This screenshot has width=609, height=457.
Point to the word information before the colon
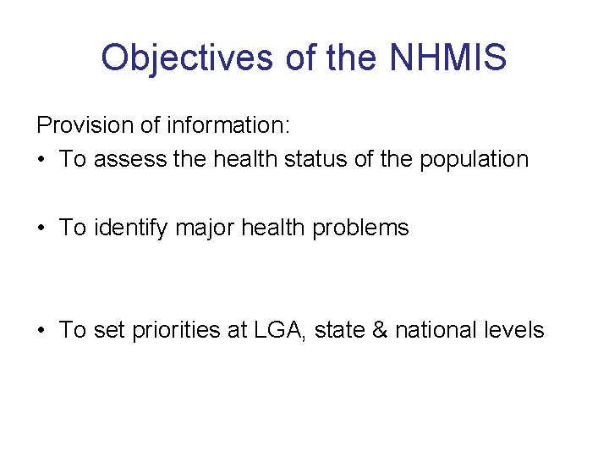point(228,126)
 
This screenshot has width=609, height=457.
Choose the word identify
point(131,228)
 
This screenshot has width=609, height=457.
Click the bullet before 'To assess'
point(41,160)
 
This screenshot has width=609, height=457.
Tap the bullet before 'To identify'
point(41,228)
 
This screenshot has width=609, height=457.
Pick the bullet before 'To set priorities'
point(41,330)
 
